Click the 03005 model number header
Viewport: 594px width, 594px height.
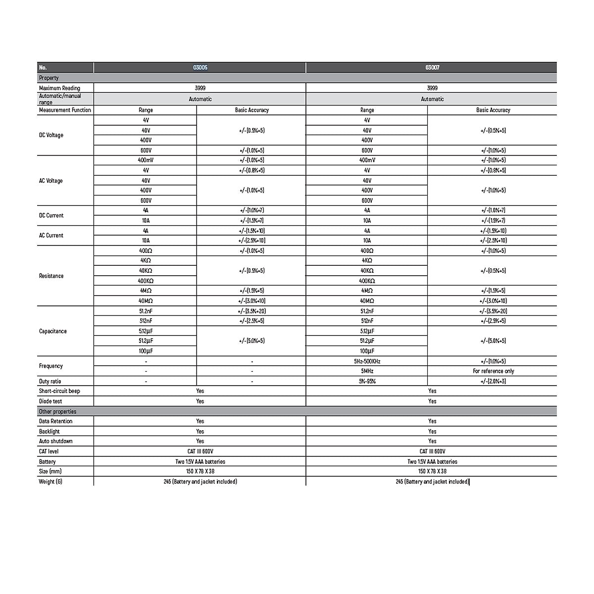pyautogui.click(x=200, y=67)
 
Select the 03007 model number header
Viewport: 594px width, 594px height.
pyautogui.click(x=432, y=67)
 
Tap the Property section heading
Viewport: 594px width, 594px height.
pyautogui.click(x=49, y=78)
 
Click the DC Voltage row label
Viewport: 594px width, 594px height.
pyautogui.click(x=51, y=135)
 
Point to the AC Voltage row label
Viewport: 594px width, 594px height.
pyautogui.click(x=51, y=181)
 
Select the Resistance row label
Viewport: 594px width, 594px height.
pyautogui.click(x=51, y=276)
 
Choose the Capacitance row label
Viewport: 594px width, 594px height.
pyautogui.click(x=53, y=331)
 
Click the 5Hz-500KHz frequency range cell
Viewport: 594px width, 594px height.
pyautogui.click(x=367, y=361)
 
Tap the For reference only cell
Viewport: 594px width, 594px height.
pyautogui.click(x=493, y=371)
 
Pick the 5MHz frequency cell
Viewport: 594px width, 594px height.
pyautogui.click(x=367, y=371)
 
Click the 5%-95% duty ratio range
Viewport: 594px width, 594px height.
pyautogui.click(x=367, y=381)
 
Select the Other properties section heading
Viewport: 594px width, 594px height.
pyautogui.click(x=58, y=411)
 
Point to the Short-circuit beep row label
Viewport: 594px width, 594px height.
pyautogui.click(x=59, y=391)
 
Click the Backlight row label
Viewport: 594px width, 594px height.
pyautogui.click(x=49, y=432)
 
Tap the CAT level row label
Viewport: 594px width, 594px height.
pyautogui.click(x=49, y=451)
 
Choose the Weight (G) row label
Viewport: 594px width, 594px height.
pyautogui.click(x=50, y=482)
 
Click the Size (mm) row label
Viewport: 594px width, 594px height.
pyautogui.click(x=50, y=471)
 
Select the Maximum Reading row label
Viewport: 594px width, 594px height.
pyautogui.click(x=59, y=88)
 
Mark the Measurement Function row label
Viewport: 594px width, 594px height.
pyautogui.click(x=65, y=110)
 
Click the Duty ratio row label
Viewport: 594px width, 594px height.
pyautogui.click(x=50, y=381)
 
